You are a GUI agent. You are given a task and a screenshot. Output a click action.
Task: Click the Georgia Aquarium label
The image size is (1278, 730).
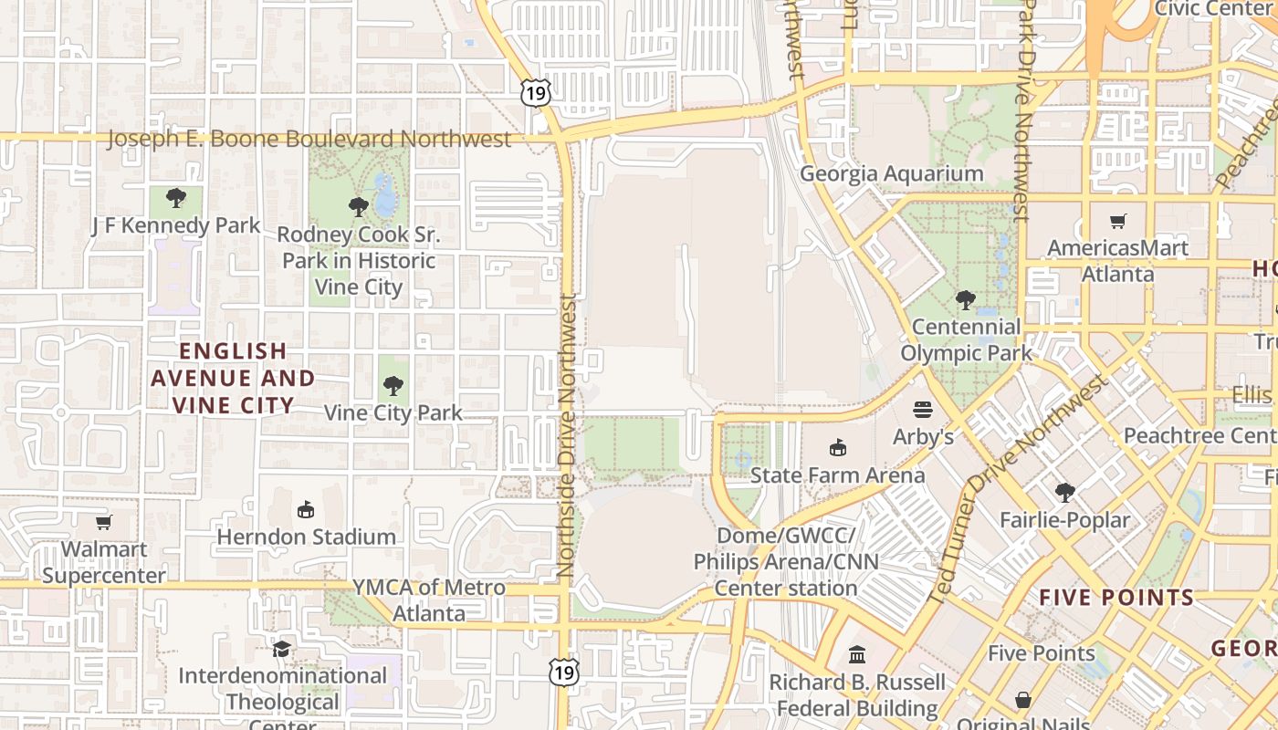point(891,173)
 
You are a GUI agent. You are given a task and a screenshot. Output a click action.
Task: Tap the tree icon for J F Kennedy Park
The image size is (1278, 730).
point(176,197)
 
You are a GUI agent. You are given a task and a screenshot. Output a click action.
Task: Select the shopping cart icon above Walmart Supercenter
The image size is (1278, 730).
point(104,523)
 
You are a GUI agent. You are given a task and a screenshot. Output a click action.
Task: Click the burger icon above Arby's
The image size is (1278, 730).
point(923,410)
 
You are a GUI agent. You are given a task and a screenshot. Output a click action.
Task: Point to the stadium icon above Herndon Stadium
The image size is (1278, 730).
point(306,509)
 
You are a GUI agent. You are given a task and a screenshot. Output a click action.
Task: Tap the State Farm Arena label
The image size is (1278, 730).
point(837,475)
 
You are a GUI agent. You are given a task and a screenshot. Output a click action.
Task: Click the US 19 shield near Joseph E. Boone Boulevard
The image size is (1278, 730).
point(537,92)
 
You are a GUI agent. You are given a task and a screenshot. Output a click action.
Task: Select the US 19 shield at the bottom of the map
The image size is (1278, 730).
point(563,672)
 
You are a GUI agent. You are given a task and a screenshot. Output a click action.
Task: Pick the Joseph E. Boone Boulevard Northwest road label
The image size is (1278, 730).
point(309,139)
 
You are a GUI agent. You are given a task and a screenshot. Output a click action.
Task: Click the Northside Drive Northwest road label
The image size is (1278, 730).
point(566,436)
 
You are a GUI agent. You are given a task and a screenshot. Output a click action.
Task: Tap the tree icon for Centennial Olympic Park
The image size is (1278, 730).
point(965,299)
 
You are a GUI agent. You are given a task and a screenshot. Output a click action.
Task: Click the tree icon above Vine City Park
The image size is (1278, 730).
point(393,386)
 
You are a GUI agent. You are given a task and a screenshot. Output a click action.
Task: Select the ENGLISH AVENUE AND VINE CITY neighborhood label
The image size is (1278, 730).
point(233,378)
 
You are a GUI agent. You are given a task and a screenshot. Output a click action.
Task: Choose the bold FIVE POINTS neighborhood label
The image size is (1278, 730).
point(1116,598)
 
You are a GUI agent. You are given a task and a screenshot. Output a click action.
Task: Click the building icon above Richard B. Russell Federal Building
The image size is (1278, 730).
point(857,654)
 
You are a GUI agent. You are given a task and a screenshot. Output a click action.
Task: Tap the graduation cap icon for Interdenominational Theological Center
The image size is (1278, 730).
point(281,649)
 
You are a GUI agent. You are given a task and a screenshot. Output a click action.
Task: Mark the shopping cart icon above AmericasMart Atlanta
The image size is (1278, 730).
point(1117,221)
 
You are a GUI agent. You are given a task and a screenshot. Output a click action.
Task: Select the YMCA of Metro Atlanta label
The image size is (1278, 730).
point(429,600)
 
